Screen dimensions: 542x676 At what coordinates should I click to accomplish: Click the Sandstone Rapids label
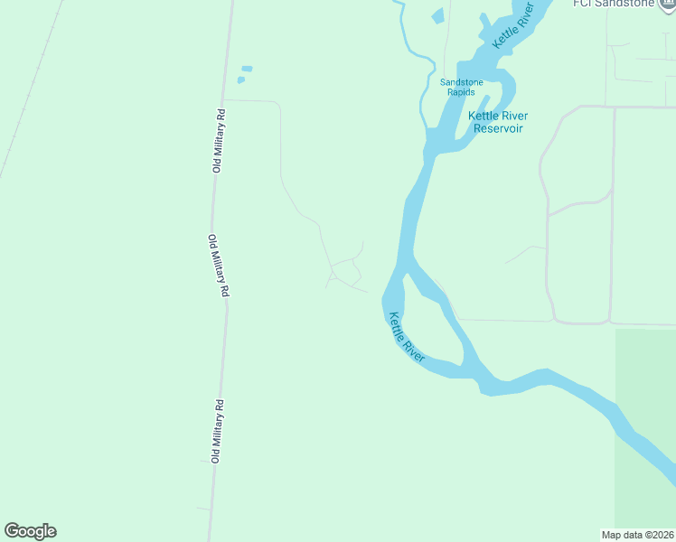461,87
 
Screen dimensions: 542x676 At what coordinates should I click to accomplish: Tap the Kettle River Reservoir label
498,122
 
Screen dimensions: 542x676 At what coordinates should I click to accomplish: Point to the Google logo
30,531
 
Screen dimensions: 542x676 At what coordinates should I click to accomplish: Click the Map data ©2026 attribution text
637,534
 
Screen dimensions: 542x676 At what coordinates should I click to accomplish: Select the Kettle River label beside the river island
407,338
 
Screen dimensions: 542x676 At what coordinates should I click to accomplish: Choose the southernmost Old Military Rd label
217,431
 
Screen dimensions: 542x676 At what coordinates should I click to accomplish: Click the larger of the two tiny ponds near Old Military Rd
246,69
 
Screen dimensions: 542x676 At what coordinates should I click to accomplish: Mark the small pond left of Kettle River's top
438,16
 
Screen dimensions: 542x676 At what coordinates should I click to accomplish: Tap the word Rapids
461,92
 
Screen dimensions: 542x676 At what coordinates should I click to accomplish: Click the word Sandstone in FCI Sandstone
621,3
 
